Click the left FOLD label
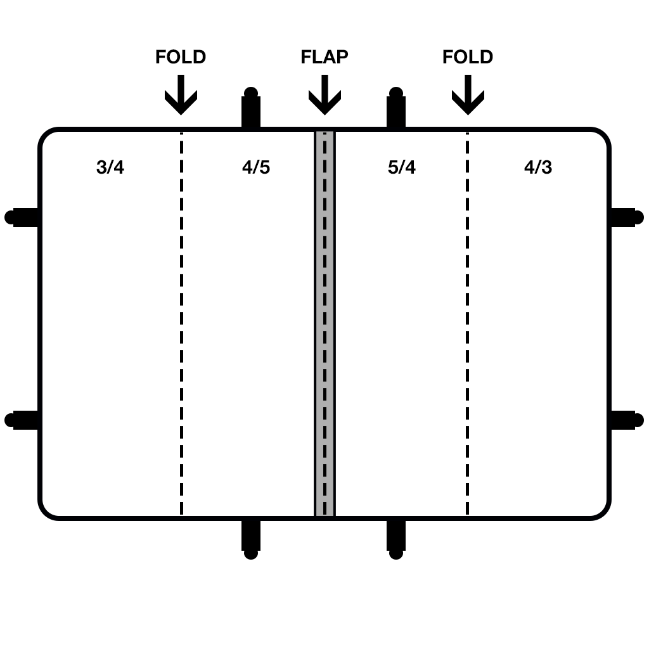pos(181,56)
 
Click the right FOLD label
pos(468,56)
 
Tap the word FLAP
pos(324,56)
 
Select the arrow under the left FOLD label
pos(181,95)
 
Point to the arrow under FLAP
pos(325,95)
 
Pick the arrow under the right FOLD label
pos(468,95)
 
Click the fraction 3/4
pos(110,167)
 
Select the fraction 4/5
pos(256,167)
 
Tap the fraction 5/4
pos(402,167)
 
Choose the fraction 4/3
pos(538,167)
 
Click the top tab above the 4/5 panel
pos(251,107)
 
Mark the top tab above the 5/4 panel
pos(396,107)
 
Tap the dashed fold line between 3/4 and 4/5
pos(181,324)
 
